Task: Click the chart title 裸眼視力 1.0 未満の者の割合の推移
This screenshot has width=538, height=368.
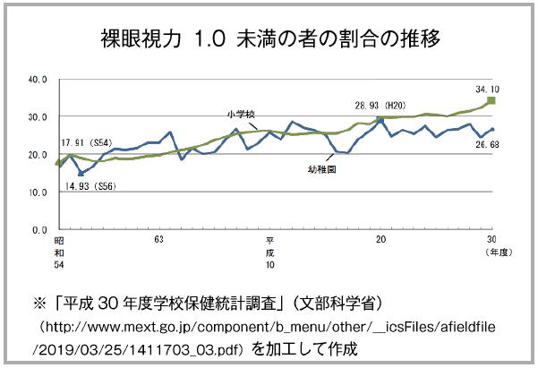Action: (x=269, y=39)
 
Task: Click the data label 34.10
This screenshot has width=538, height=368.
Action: (x=489, y=89)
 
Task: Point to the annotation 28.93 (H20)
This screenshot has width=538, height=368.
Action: (x=383, y=105)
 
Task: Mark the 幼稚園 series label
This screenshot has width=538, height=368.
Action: (x=316, y=167)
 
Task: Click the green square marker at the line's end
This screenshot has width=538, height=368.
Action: (x=491, y=101)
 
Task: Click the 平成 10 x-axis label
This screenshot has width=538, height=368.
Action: (x=269, y=253)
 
